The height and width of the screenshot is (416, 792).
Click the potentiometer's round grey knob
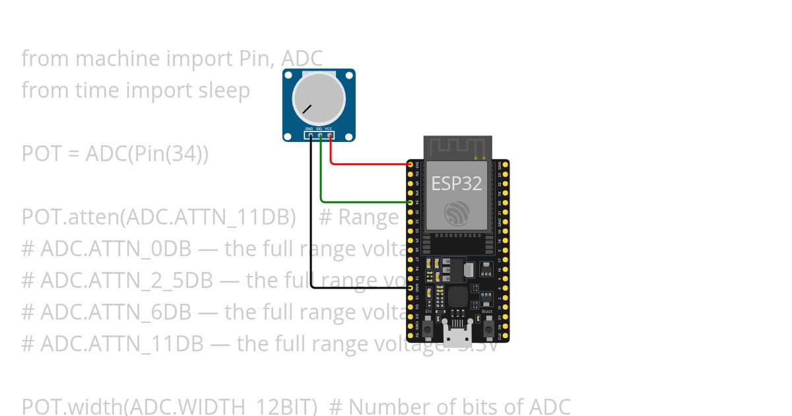(x=319, y=96)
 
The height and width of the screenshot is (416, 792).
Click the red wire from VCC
(x=370, y=164)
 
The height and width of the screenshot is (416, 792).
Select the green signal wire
(x=363, y=201)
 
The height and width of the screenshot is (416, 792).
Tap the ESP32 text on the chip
(x=457, y=183)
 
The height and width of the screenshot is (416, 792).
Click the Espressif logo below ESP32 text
(x=457, y=213)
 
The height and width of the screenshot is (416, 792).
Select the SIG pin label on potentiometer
(x=319, y=128)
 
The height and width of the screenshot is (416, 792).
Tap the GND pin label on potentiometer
(x=309, y=128)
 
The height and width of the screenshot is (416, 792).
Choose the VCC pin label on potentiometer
(x=329, y=128)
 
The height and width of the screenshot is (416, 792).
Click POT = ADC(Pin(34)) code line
(x=115, y=154)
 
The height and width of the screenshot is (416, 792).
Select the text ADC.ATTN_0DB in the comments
(x=115, y=249)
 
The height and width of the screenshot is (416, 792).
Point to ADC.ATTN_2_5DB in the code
(x=127, y=281)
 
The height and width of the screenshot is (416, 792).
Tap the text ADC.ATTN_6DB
(x=115, y=312)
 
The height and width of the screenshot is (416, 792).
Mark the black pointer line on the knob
(x=308, y=108)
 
